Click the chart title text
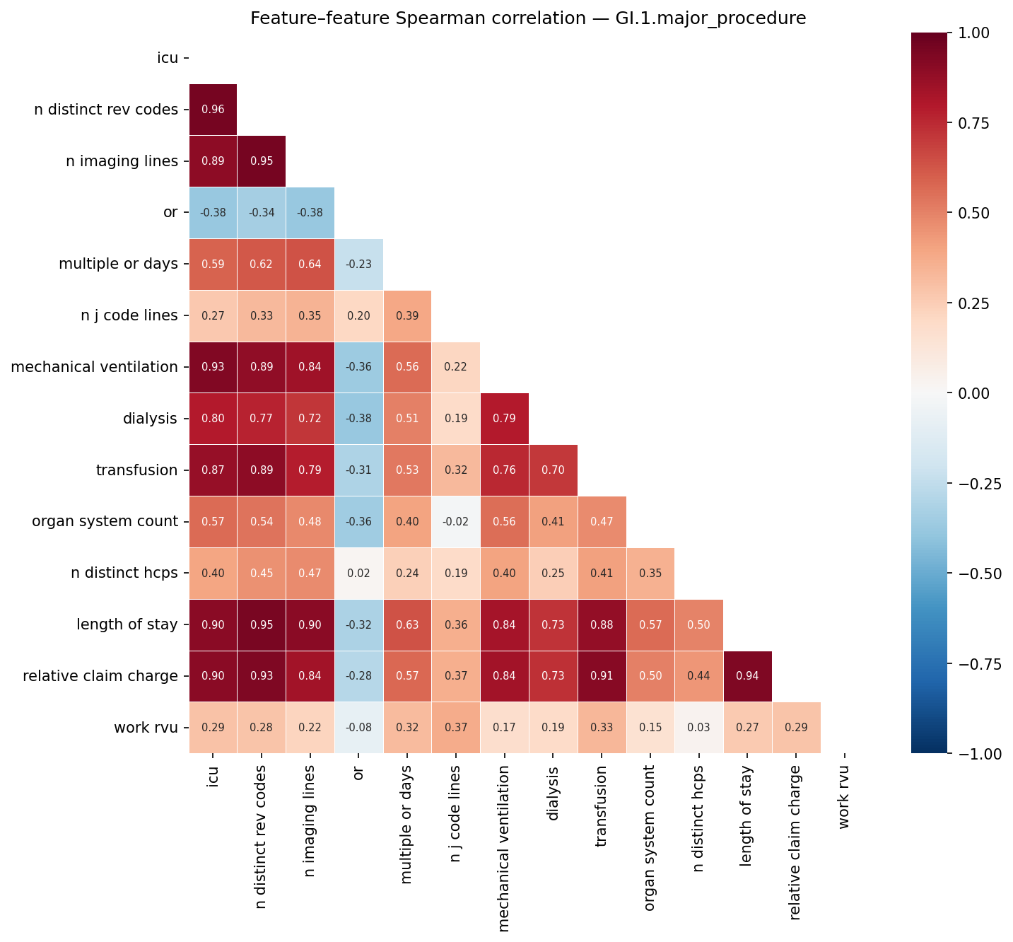[528, 18]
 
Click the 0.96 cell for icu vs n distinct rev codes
[213, 110]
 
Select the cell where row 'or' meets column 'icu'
[213, 213]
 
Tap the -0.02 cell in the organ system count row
[456, 522]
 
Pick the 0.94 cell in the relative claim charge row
[748, 676]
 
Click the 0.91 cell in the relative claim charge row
[602, 676]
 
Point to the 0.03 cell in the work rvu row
[699, 728]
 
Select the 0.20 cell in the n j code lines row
[358, 315]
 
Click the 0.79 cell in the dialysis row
[504, 419]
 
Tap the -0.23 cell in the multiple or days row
[358, 264]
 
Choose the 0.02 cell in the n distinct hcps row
[358, 574]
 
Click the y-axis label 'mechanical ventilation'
[94, 367]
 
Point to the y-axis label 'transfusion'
[136, 470]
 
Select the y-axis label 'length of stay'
[127, 624]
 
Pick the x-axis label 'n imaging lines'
[310, 821]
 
